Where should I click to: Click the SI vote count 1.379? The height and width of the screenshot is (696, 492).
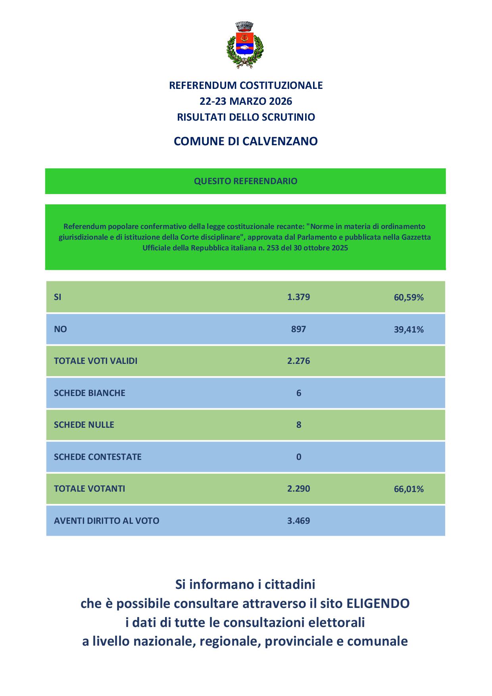pos(298,297)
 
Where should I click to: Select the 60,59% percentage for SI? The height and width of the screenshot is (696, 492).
pos(409,297)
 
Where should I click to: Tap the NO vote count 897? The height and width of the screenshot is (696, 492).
pos(298,329)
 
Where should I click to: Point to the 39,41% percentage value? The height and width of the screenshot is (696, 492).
pos(409,329)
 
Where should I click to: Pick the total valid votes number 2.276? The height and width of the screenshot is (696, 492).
pos(298,361)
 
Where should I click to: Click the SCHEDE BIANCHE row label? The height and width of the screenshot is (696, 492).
pos(89,393)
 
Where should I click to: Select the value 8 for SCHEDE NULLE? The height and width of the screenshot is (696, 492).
pos(299,425)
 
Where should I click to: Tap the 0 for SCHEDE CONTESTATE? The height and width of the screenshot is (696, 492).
pos(299,457)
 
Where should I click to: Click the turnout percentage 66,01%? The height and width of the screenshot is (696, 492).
pos(409,489)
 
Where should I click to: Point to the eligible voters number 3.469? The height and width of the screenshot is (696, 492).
pos(298,521)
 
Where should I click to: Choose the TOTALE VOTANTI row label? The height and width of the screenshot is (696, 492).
pos(89,488)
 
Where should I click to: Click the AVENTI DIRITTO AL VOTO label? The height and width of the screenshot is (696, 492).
pos(106,521)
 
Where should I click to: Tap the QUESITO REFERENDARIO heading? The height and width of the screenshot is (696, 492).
pos(246,181)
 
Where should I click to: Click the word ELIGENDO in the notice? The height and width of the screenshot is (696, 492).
pos(378,604)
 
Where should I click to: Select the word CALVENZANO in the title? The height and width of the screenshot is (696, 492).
pos(280,141)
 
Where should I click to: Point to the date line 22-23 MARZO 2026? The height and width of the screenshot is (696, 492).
pos(246,101)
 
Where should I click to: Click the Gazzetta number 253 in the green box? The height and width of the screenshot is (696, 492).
pos(284,248)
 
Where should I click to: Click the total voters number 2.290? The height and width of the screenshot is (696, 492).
pos(298,488)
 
